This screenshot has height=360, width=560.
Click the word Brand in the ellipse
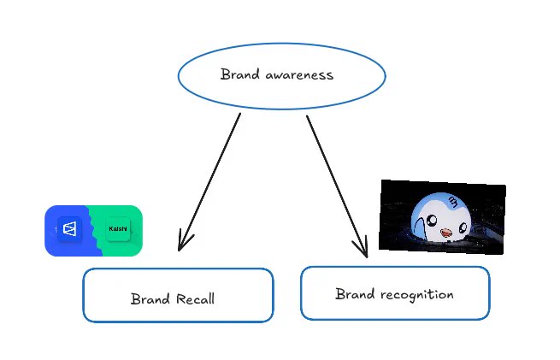pyautogui.click(x=240, y=74)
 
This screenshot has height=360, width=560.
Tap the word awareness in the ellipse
pyautogui.click(x=299, y=75)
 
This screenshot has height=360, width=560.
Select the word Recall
pyautogui.click(x=195, y=299)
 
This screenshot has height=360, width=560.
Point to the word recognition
pyautogui.click(x=416, y=295)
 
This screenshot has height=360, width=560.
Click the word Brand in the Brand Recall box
pyautogui.click(x=150, y=299)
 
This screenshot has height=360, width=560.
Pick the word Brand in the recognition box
pyautogui.click(x=355, y=294)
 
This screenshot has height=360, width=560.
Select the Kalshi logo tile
pyautogui.click(x=117, y=228)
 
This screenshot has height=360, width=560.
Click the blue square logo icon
pyautogui.click(x=69, y=229)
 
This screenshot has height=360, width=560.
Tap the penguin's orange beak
pyautogui.click(x=445, y=233)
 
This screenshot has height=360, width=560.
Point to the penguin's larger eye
pyautogui.click(x=432, y=220)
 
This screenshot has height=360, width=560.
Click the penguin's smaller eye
pyautogui.click(x=463, y=227)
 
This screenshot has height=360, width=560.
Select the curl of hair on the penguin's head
pyautogui.click(x=453, y=202)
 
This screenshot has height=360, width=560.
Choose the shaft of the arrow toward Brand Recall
pyautogui.click(x=210, y=180)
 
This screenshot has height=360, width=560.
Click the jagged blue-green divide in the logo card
pyautogui.click(x=93, y=231)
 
